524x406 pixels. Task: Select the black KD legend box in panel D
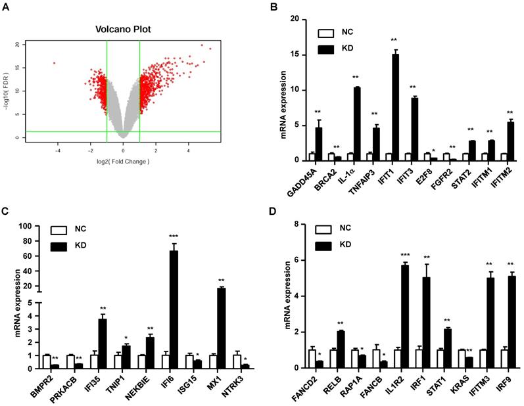click(324, 245)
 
